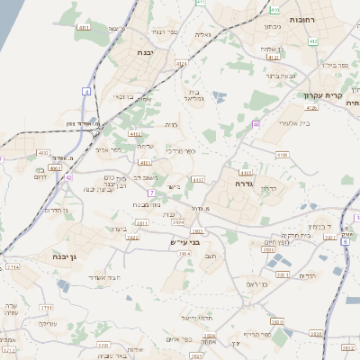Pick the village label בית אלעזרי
(x=271, y=122)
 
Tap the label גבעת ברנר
(x=278, y=76)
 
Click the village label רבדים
(x=308, y=275)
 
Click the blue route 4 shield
(x=87, y=92)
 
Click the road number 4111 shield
(x=85, y=28)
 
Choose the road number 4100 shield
(x=282, y=155)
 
